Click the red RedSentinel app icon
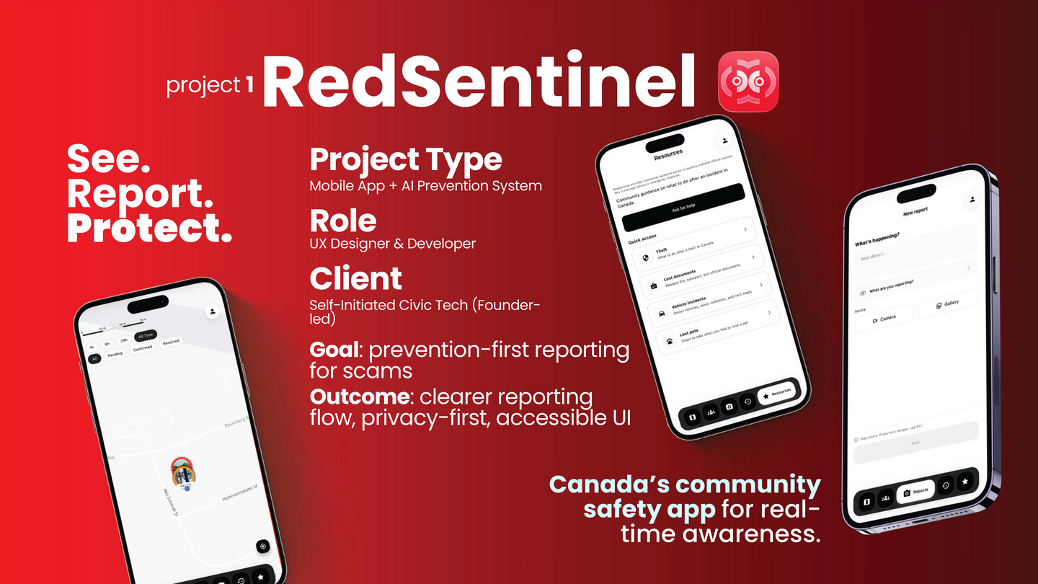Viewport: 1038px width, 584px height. point(748,81)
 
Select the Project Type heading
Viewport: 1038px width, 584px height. point(406,159)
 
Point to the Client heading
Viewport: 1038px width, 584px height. point(355,278)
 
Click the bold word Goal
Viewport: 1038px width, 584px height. point(335,350)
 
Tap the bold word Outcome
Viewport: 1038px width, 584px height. point(359,397)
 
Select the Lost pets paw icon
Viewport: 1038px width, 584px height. point(670,341)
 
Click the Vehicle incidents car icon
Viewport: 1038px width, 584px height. point(661,313)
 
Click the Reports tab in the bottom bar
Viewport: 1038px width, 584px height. point(915,492)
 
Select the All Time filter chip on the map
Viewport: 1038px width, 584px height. point(146,336)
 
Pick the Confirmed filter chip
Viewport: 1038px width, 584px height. point(143,348)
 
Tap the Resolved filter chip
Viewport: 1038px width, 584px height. point(171,342)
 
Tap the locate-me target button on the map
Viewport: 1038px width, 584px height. point(262,547)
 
